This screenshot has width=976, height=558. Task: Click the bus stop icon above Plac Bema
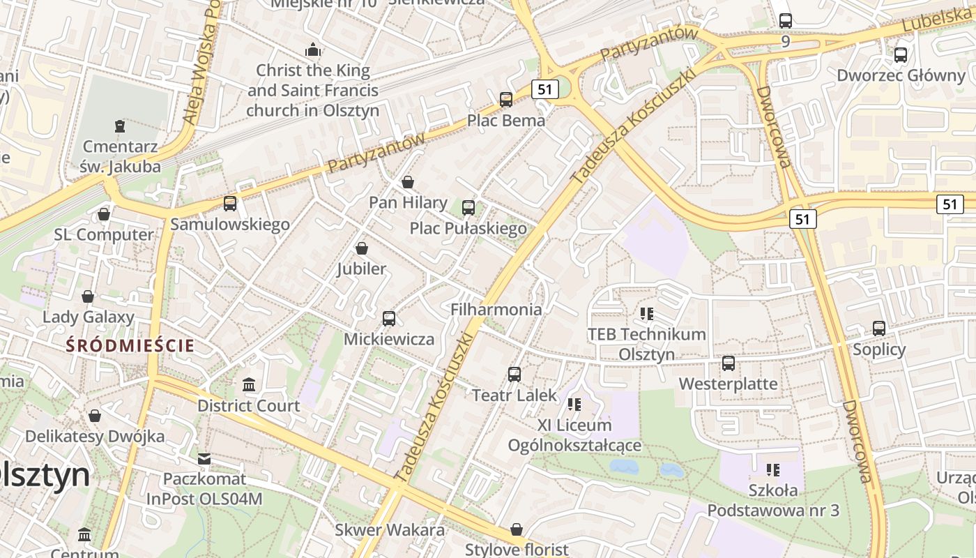point(506,100)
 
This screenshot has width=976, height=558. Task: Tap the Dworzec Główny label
point(901,75)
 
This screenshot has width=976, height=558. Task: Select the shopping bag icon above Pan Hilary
point(408,182)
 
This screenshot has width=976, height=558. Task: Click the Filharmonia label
point(496,309)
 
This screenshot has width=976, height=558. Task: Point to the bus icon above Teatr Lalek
point(514,375)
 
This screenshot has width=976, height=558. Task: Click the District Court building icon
point(249,385)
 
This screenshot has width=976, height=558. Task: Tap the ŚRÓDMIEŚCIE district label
point(130,345)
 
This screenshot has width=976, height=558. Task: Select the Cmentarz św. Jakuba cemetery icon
point(120,126)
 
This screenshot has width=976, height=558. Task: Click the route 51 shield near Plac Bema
point(544,89)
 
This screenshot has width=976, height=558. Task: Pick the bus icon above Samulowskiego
point(230,204)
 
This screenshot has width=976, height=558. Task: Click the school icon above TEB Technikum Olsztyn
point(647,314)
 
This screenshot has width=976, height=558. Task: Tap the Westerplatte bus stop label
point(728,384)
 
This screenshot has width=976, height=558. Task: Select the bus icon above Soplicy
point(879,329)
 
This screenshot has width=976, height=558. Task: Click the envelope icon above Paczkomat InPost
point(204,459)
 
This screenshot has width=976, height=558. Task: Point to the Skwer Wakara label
point(390,529)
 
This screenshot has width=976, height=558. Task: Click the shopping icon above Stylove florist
point(517,529)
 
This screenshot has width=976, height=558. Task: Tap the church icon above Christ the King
point(313,50)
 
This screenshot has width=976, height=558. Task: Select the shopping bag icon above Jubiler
point(362,248)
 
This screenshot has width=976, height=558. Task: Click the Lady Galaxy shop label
point(88,317)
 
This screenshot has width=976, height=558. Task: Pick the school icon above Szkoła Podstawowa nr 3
point(772,470)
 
